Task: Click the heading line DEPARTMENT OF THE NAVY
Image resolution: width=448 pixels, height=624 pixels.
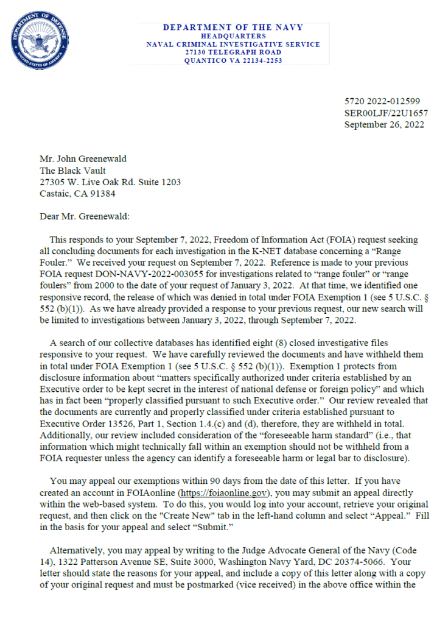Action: [x=233, y=27]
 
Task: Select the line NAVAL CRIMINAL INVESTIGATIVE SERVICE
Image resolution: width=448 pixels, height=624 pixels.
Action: [x=233, y=44]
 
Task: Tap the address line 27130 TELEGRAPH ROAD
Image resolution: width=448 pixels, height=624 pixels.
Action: [x=233, y=52]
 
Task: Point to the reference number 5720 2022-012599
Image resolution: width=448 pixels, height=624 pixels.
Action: [x=382, y=101]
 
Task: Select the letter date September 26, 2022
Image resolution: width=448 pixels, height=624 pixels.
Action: [x=384, y=124]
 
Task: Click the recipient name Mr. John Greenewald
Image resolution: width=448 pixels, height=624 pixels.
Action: [x=83, y=159]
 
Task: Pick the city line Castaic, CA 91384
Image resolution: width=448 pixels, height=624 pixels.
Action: [x=77, y=194]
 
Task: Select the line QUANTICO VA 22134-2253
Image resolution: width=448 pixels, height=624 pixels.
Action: [x=233, y=61]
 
